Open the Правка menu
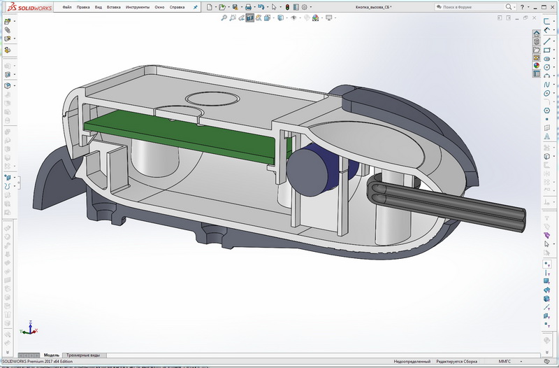(84, 7)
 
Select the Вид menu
(99, 7)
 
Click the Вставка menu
(114, 7)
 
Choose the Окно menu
(160, 7)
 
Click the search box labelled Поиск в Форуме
(465, 7)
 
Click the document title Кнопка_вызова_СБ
(378, 7)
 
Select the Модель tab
(52, 355)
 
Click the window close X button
(551, 6)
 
